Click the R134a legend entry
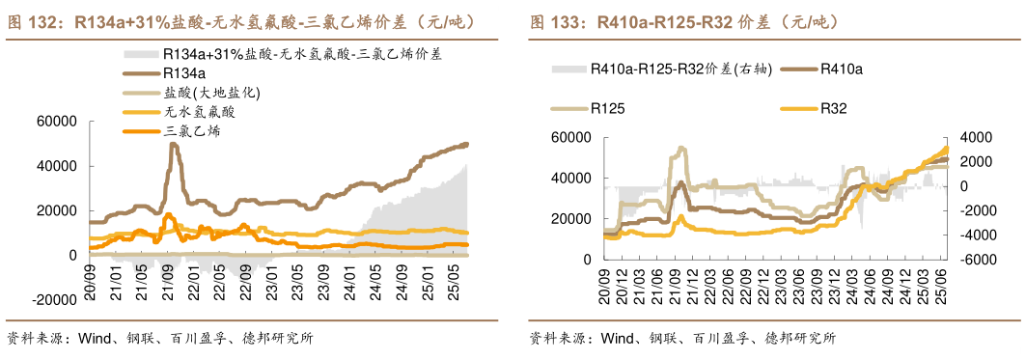tap(183, 73)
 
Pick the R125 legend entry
tap(607, 109)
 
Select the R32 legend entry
tap(833, 109)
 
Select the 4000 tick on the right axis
tap(976, 137)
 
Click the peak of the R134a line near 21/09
tap(173, 144)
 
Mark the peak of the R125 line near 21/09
tap(680, 148)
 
